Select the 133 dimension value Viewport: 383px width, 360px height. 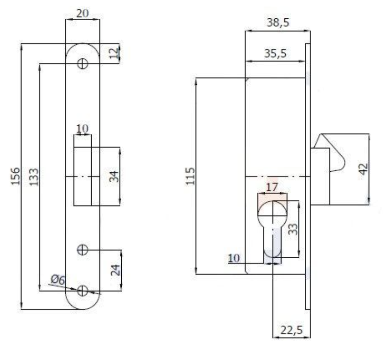(35, 176)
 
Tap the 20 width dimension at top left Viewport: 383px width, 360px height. (82, 13)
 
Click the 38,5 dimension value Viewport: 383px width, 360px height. (278, 23)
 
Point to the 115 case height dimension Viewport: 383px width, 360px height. (190, 176)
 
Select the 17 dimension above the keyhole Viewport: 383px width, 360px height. (272, 187)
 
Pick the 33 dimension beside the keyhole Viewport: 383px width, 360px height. (293, 228)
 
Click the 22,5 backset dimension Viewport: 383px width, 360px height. (291, 331)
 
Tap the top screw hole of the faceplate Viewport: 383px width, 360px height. (82, 63)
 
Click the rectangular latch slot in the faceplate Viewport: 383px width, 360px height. (83, 176)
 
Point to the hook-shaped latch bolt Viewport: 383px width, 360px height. (333, 157)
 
